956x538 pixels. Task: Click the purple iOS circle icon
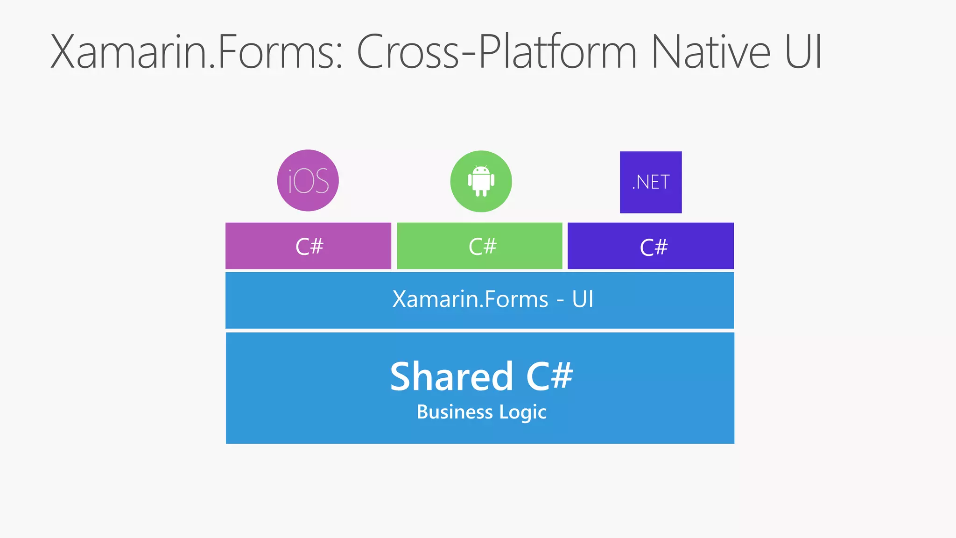308,180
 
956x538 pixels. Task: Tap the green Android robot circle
481,181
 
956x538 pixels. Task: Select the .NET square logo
651,182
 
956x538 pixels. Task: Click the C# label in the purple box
309,247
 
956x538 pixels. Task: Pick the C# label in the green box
483,247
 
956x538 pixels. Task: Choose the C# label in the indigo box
654,247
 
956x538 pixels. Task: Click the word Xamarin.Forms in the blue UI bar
470,299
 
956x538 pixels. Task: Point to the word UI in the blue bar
583,299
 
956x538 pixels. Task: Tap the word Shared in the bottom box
451,376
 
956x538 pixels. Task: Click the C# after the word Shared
549,376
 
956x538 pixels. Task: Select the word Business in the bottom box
455,412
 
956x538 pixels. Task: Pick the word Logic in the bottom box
523,412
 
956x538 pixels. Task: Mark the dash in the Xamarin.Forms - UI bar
560,300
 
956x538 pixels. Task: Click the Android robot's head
481,170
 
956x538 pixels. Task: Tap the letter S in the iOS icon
321,181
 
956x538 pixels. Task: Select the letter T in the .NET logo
665,182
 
